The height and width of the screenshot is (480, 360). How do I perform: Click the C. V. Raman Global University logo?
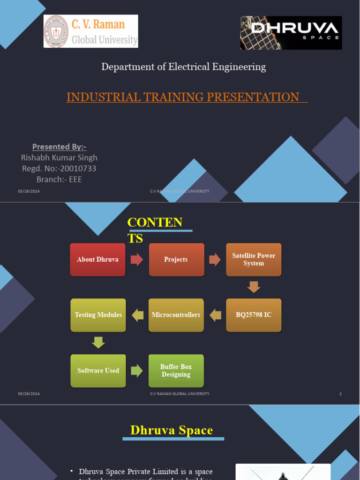click(91, 31)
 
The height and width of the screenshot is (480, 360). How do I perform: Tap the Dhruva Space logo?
click(291, 33)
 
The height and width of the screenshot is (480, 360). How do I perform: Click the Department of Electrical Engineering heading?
click(184, 67)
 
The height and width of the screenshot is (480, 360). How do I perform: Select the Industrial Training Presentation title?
click(183, 97)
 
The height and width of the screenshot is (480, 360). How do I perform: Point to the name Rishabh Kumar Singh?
click(59, 157)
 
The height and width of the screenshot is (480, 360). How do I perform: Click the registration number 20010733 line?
click(59, 168)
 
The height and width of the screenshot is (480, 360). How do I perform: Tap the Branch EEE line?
click(59, 179)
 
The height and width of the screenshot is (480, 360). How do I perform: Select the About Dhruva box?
click(98, 260)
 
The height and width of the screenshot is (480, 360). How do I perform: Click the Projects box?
click(176, 260)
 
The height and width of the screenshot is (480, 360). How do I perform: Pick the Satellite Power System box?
click(254, 260)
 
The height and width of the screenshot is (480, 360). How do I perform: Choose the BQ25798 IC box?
click(254, 315)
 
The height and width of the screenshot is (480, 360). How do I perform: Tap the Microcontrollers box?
click(176, 315)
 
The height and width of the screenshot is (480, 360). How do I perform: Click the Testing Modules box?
click(98, 315)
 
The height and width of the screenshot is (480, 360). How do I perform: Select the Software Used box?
click(98, 371)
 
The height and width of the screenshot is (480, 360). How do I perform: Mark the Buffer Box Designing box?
click(176, 371)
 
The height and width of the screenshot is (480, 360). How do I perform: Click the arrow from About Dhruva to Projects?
click(137, 260)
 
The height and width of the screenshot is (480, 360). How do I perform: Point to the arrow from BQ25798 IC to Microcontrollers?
click(215, 315)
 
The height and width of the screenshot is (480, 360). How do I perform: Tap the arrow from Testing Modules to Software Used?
click(98, 343)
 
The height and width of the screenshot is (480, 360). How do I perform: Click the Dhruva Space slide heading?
click(172, 430)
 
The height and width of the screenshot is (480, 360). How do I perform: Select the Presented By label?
click(59, 147)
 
